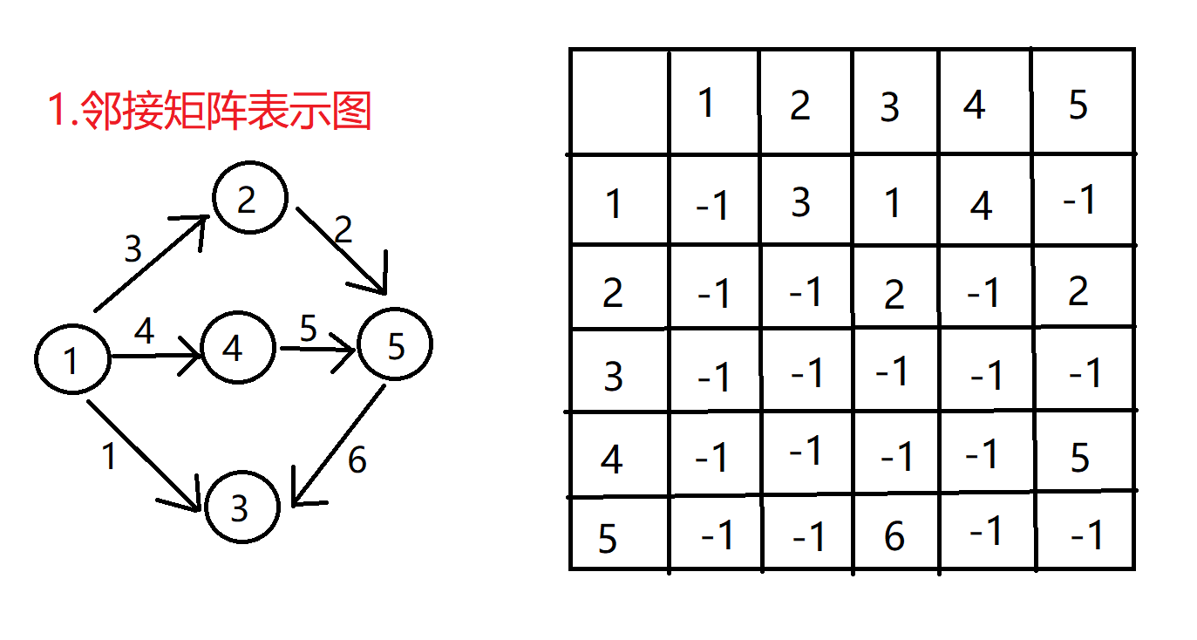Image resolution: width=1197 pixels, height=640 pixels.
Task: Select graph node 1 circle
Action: [x=72, y=359]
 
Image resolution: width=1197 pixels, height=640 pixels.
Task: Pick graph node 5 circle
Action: [x=396, y=346]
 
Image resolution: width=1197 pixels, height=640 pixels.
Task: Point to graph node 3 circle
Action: [x=241, y=507]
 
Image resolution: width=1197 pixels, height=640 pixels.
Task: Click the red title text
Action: [x=209, y=112]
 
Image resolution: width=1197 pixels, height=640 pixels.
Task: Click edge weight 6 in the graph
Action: [x=357, y=460]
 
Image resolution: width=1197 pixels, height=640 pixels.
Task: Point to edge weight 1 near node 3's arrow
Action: [x=109, y=456]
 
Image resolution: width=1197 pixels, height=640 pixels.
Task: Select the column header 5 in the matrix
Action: [x=1078, y=106]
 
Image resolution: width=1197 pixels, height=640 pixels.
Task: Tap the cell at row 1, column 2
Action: [x=800, y=202]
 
